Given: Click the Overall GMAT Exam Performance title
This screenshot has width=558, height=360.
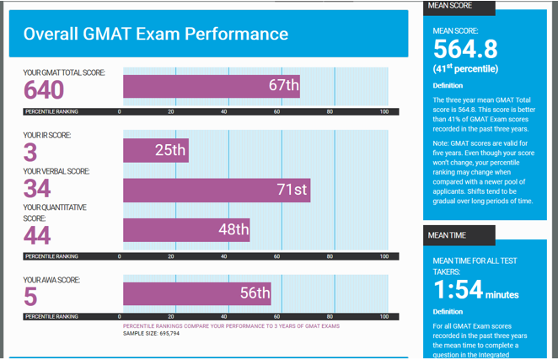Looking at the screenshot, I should pyautogui.click(x=156, y=35).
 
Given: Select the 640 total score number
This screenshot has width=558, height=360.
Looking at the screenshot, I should pyautogui.click(x=44, y=89).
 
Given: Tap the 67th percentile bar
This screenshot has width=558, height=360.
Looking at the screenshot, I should pyautogui.click(x=211, y=86).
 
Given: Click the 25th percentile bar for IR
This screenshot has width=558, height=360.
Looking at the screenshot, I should pyautogui.click(x=156, y=150).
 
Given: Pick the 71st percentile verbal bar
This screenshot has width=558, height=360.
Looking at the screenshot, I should pyautogui.click(x=217, y=190).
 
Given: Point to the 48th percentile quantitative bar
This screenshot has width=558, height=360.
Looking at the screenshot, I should pyautogui.click(x=186, y=229).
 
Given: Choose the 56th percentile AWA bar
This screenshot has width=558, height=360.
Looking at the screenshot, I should pyautogui.click(x=196, y=293).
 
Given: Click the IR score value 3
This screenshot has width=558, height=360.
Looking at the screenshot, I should pyautogui.click(x=30, y=153).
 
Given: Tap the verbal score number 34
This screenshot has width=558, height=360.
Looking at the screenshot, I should pyautogui.click(x=37, y=188).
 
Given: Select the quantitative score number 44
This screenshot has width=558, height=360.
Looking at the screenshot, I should pyautogui.click(x=37, y=235).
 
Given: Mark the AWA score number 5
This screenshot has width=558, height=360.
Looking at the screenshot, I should pyautogui.click(x=30, y=297).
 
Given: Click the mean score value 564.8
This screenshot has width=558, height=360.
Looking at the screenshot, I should pyautogui.click(x=464, y=50).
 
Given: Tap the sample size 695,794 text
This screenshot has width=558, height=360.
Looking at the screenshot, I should pyautogui.click(x=152, y=333).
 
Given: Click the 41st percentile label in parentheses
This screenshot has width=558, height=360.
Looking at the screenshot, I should pyautogui.click(x=465, y=68).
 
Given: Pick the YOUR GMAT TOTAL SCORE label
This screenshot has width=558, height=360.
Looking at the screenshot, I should pyautogui.click(x=64, y=73).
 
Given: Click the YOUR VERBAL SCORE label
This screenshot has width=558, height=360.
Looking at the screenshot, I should pyautogui.click(x=56, y=171).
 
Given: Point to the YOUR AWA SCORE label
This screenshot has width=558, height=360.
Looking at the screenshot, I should pyautogui.click(x=52, y=280).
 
